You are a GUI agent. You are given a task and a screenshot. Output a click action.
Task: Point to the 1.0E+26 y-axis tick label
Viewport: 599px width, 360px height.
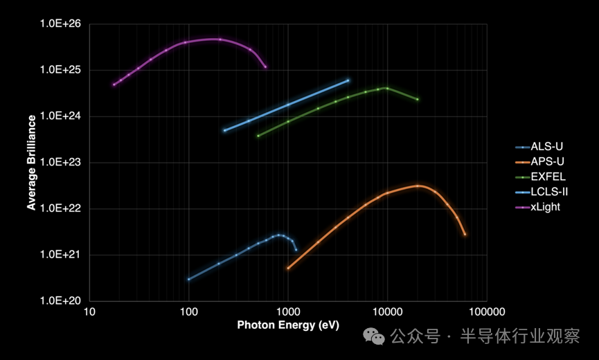point(61,24)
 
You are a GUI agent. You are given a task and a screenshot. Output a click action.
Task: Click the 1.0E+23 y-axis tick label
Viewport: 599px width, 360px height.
point(61,163)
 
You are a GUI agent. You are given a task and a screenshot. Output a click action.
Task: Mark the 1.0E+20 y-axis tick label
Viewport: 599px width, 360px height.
point(61,301)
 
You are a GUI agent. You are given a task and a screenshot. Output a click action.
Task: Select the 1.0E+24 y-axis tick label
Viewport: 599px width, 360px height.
point(61,116)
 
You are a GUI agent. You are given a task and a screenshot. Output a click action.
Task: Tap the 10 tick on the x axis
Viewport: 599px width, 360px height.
point(89,312)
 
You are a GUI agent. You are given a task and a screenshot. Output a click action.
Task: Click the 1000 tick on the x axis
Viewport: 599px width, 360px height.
point(287,312)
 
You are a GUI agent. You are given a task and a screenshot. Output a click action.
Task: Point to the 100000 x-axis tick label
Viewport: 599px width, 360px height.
point(486,312)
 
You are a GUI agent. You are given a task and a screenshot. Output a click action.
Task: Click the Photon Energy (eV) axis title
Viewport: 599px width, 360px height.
point(288,325)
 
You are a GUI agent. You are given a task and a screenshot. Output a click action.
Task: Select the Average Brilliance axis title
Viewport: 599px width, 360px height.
point(31,163)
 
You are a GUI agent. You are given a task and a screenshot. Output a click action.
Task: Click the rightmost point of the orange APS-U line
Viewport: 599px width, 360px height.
point(465,235)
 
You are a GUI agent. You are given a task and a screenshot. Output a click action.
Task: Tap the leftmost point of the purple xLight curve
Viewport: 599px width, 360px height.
point(114,84)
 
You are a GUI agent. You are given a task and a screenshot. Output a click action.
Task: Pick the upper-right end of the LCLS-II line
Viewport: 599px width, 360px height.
point(348,80)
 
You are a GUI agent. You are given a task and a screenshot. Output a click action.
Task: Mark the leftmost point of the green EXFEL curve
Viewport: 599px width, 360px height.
point(258,136)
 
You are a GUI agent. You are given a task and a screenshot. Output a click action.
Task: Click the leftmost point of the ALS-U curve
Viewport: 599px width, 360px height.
point(188,279)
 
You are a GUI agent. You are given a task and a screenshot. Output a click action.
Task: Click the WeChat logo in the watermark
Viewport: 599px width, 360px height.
point(376,337)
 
